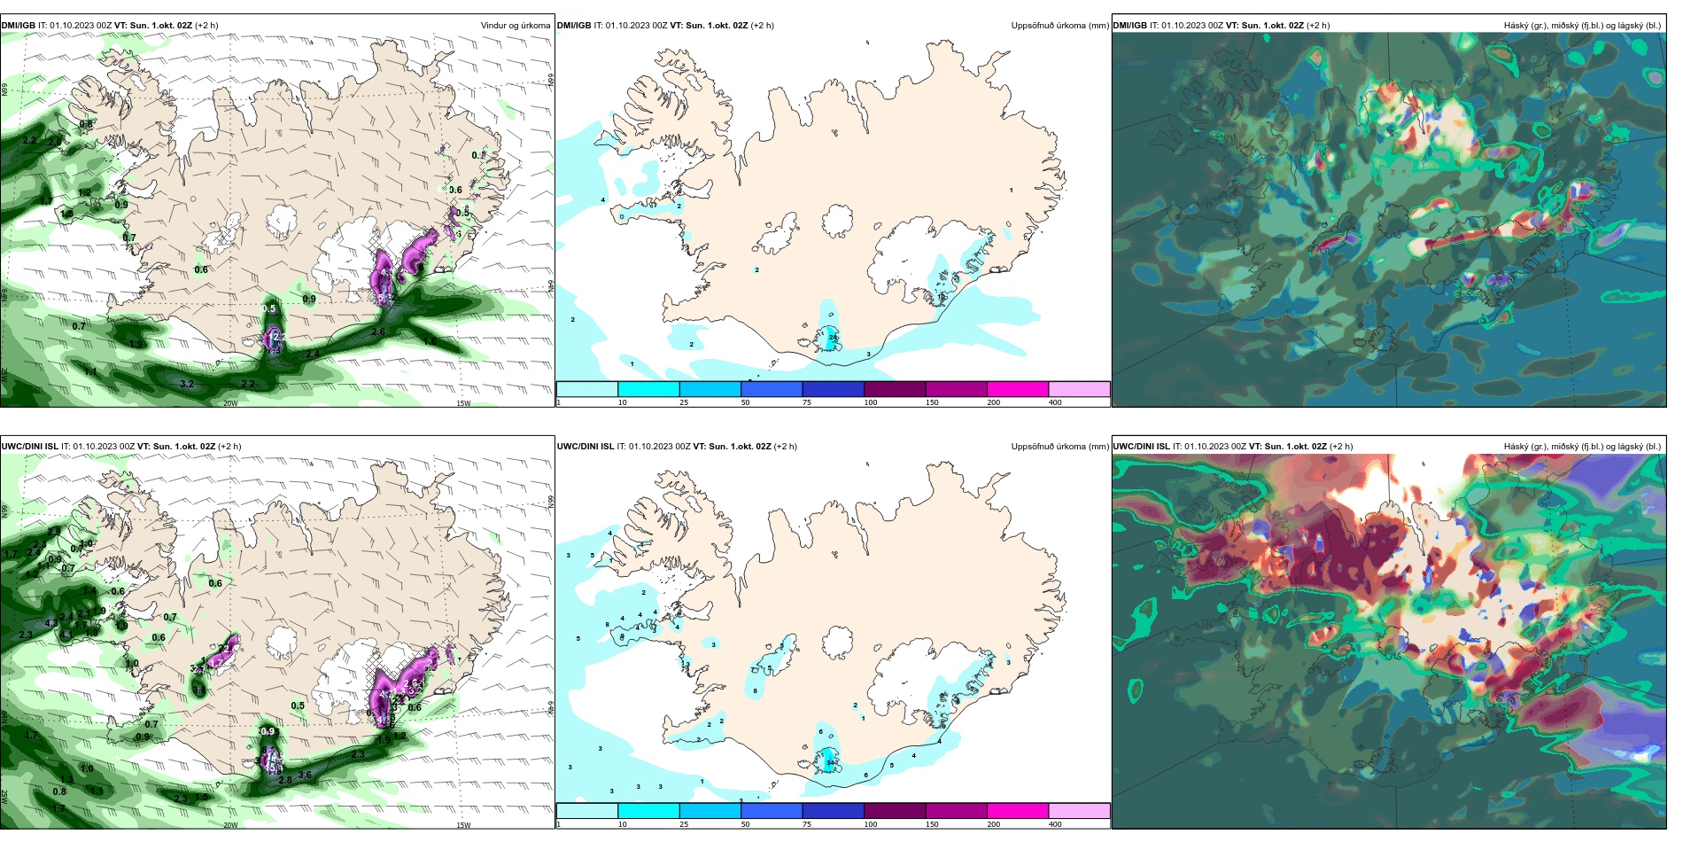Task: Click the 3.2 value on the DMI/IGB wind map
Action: [187, 384]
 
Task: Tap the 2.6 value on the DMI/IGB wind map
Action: [378, 332]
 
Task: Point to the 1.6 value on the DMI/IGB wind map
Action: [430, 341]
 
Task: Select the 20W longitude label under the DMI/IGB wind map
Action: [230, 403]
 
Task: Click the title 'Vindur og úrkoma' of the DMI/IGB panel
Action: [515, 26]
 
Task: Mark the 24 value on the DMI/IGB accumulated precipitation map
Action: [832, 338]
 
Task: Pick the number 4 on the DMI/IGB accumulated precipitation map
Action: [603, 200]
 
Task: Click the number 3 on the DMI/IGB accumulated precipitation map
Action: [868, 355]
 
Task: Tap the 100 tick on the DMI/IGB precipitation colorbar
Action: [871, 402]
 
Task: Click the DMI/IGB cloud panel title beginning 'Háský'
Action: [1582, 26]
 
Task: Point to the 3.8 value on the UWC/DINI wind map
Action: [199, 690]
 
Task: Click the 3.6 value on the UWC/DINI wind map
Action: [305, 775]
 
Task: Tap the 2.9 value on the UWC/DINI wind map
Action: [54, 532]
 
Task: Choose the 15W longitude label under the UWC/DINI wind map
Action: [462, 825]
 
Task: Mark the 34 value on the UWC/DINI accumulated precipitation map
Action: [830, 762]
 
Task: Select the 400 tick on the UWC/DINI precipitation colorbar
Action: [1055, 824]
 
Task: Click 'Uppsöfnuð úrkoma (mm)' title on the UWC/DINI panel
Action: [1059, 447]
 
